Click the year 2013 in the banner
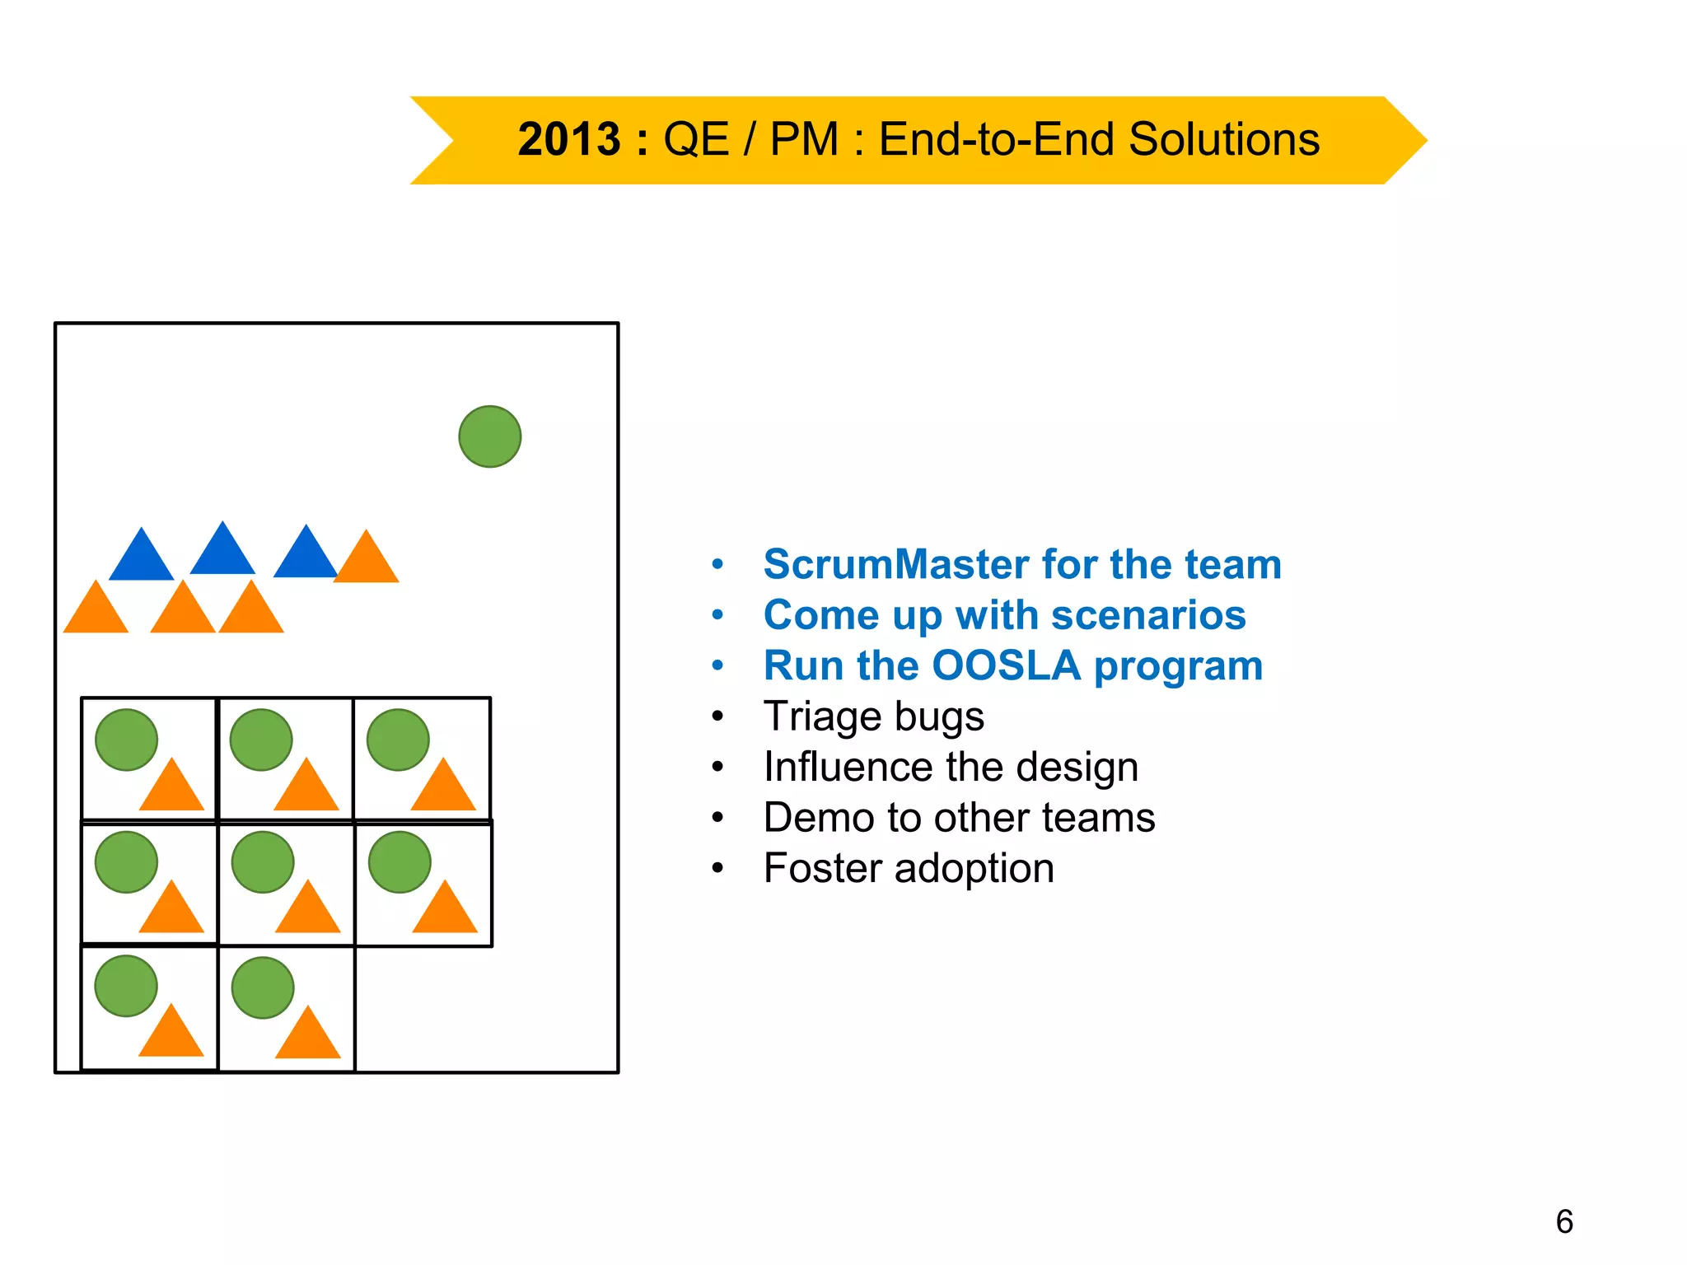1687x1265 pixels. coord(568,139)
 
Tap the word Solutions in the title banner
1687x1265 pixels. coord(1223,139)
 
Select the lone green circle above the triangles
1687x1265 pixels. coord(489,436)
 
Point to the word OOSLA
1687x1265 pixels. coord(1006,665)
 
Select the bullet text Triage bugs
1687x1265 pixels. coord(873,717)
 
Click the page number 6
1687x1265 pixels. coord(1563,1221)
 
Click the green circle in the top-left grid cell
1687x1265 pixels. coord(126,740)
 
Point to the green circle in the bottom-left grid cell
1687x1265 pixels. coord(126,986)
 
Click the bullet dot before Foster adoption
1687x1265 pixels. coord(717,868)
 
